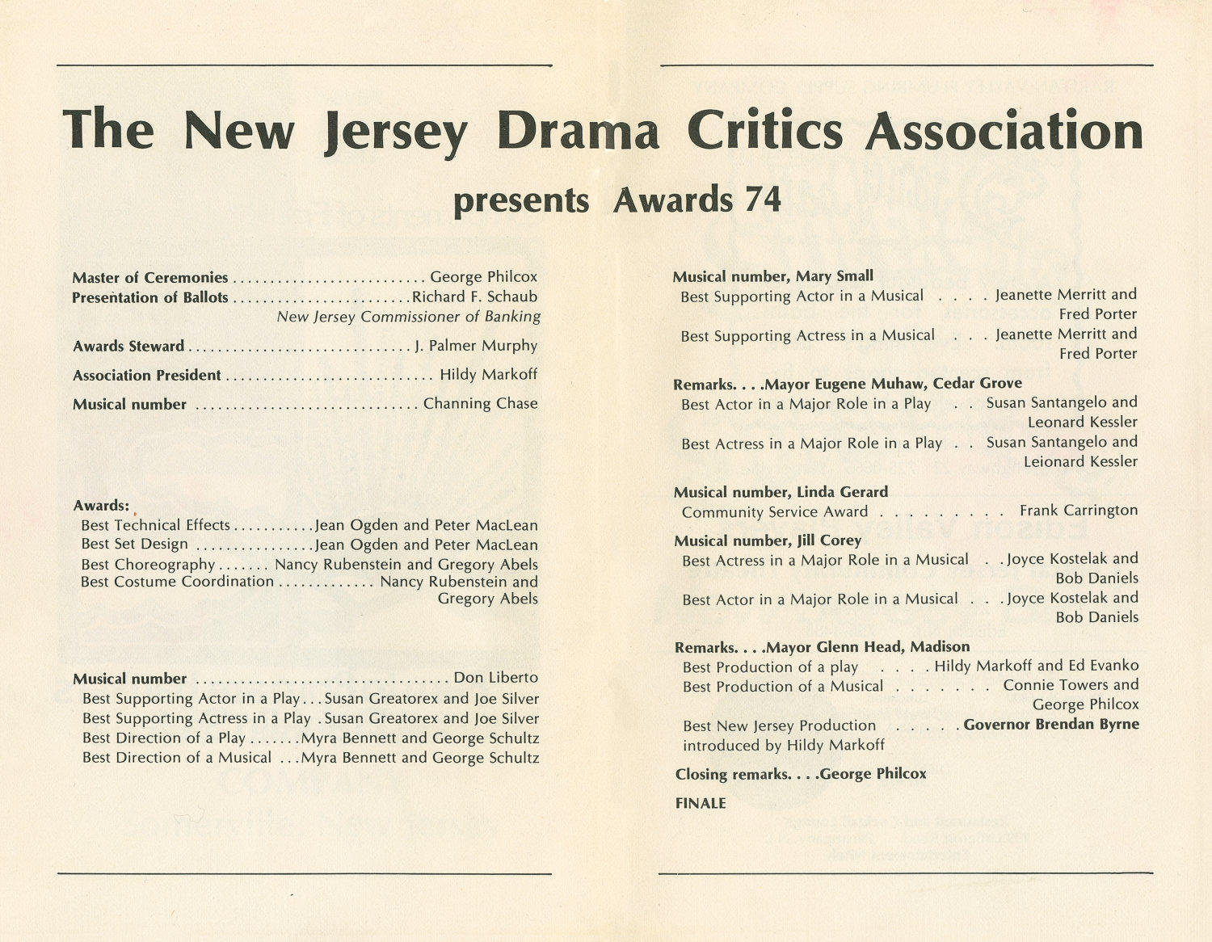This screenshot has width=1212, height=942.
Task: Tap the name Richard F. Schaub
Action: [x=474, y=296]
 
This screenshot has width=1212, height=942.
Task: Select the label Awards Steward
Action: [x=128, y=347]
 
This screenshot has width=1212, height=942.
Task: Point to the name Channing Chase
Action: [x=480, y=403]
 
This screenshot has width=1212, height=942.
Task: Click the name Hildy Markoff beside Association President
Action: [x=488, y=374]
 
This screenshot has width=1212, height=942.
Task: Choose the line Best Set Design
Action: [x=134, y=545]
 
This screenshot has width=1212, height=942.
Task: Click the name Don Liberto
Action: [x=495, y=678]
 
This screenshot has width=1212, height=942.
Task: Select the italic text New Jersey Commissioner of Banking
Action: [x=408, y=317]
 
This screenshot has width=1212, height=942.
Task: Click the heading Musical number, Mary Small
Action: [x=772, y=276]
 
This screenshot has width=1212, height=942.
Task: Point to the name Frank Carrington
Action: [x=1078, y=511]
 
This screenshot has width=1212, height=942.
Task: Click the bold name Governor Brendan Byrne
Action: [x=1051, y=725]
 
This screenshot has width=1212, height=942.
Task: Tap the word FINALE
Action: [x=701, y=803]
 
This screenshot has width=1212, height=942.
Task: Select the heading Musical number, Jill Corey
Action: [x=768, y=540]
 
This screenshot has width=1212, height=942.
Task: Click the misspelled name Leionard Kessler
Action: [x=1080, y=462]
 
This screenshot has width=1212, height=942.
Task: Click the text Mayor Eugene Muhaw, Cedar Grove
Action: [x=893, y=384]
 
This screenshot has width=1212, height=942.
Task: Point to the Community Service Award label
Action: [x=774, y=512]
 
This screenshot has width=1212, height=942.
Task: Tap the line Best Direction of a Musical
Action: [x=177, y=758]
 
